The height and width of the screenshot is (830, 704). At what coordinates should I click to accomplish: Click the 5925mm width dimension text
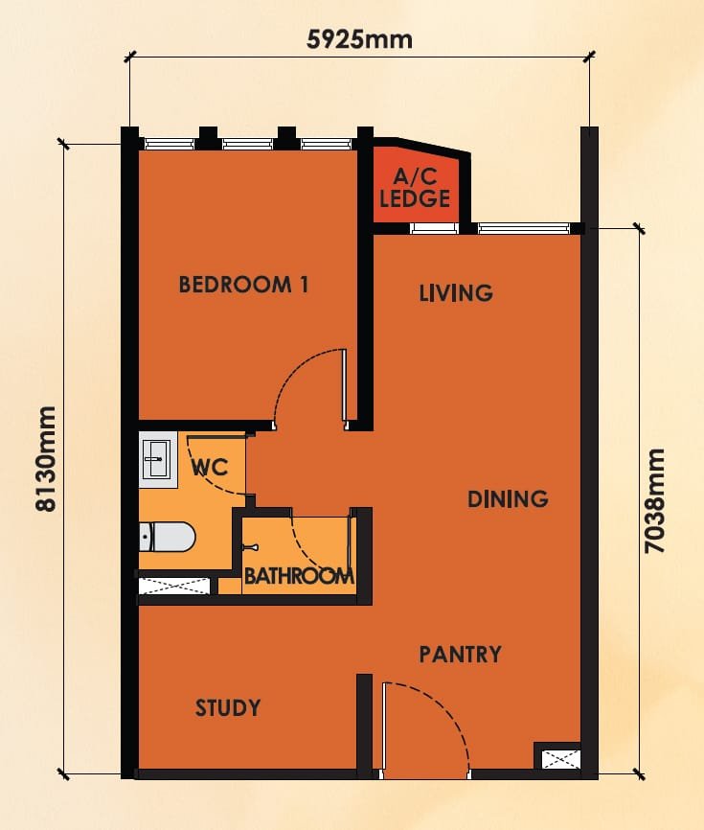tap(359, 39)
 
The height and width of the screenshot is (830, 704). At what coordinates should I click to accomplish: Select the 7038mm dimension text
tap(655, 500)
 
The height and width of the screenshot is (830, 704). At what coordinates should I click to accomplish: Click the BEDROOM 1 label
tap(243, 285)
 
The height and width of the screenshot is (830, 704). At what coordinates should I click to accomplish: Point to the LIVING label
tap(456, 292)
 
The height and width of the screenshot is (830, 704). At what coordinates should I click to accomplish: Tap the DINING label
tap(508, 498)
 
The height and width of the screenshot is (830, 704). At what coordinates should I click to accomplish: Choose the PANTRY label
tap(460, 655)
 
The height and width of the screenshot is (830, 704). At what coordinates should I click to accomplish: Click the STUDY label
tap(228, 707)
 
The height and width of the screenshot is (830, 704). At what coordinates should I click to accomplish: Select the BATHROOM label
tap(299, 575)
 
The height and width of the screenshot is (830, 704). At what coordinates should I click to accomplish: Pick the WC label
tap(210, 468)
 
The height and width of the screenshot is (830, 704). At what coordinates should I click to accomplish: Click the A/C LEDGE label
tap(415, 188)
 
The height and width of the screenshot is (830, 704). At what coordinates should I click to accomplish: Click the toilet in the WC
tap(167, 537)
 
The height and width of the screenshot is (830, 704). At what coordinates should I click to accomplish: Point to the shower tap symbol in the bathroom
tap(250, 547)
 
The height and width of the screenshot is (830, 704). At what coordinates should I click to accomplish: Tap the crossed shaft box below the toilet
tap(174, 586)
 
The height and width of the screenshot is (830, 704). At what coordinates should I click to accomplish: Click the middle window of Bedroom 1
tap(247, 144)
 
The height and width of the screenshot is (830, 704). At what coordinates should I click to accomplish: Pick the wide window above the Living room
tap(524, 228)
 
